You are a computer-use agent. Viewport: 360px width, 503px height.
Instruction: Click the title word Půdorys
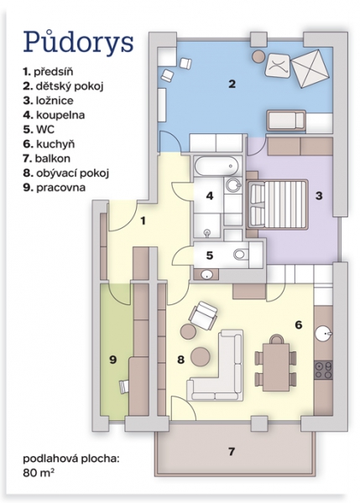(x=78, y=43)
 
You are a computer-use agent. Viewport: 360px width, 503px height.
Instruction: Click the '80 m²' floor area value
(x=37, y=473)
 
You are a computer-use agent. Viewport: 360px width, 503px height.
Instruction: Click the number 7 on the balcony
(x=232, y=451)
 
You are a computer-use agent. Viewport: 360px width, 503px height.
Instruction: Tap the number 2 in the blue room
(x=232, y=84)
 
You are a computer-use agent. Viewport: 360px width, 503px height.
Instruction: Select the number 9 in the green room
(x=112, y=360)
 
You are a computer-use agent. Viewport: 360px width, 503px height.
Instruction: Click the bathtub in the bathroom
(x=217, y=165)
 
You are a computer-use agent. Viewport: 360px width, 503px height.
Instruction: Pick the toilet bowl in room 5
(x=239, y=255)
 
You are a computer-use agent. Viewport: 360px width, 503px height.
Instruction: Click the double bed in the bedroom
(x=277, y=205)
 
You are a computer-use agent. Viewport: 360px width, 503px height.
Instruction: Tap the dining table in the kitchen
(x=276, y=366)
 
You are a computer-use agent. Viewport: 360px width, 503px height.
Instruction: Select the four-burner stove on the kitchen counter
(x=323, y=370)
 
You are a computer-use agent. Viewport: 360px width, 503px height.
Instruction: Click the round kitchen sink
(x=322, y=334)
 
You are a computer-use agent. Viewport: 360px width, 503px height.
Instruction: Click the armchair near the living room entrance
(x=203, y=315)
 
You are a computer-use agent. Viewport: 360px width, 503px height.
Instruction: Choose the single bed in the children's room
(x=286, y=121)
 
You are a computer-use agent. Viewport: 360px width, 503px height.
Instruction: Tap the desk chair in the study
(x=124, y=386)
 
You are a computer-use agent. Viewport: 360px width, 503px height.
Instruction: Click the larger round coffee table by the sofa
(x=201, y=356)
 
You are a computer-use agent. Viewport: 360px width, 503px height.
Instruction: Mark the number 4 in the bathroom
(x=210, y=195)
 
